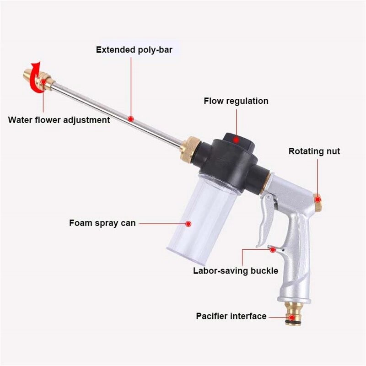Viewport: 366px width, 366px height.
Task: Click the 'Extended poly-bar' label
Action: [134, 50]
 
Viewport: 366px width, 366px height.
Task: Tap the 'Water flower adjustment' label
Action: [59, 120]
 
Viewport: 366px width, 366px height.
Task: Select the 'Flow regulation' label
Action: [236, 101]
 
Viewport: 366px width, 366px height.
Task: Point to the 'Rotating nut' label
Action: [314, 151]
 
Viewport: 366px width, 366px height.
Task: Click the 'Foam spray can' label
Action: [102, 223]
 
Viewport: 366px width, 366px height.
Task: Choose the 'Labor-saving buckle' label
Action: [236, 270]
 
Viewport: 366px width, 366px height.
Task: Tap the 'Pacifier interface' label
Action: [231, 316]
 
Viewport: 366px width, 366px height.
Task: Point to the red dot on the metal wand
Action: [131, 118]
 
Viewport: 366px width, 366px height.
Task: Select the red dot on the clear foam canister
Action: [188, 224]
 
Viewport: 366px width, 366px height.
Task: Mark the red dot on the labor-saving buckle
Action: [274, 249]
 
